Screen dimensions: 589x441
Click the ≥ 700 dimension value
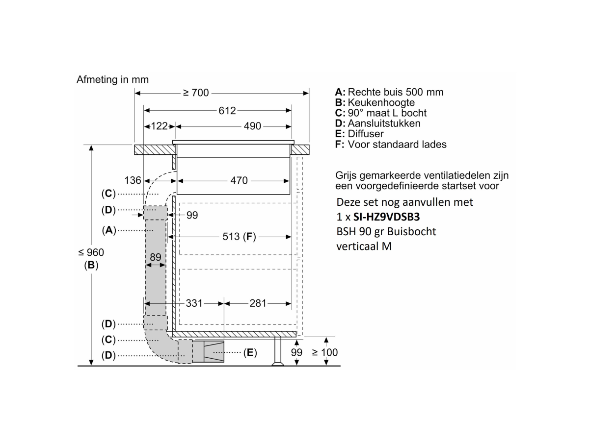[x=196, y=93]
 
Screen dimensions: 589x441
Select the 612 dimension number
[x=227, y=111]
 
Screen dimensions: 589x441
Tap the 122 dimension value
[x=160, y=126]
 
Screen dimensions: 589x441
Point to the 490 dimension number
[x=252, y=126]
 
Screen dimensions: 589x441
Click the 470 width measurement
[x=239, y=180]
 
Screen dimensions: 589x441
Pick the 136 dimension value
[x=133, y=180]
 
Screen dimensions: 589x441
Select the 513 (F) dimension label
[x=239, y=237]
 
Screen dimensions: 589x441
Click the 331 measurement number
[x=194, y=303]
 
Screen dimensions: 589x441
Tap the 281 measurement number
[x=258, y=303]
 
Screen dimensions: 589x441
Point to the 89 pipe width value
[x=156, y=257]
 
